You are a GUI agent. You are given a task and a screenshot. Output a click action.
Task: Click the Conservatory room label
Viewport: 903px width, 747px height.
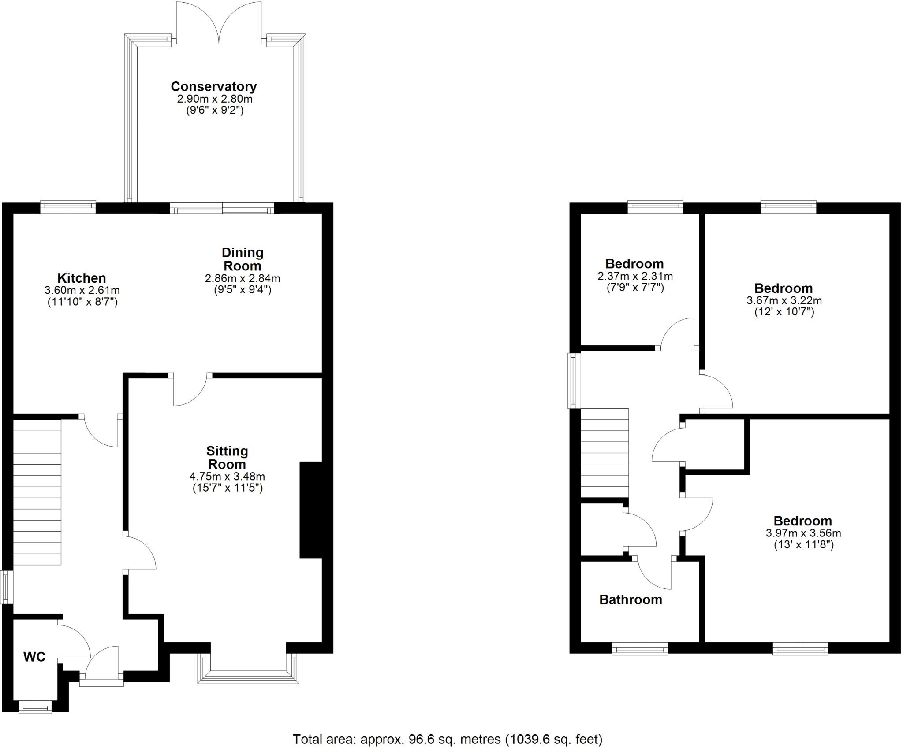[x=214, y=86]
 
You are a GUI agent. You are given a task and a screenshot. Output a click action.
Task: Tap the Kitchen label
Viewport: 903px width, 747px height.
[x=82, y=278]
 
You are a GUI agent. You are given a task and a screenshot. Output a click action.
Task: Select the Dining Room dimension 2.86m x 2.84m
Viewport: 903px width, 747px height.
[x=243, y=278]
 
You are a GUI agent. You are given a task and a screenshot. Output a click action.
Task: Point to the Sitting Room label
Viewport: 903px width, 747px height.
[x=227, y=458]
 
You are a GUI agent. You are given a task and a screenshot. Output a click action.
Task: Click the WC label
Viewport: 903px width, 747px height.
[x=34, y=657]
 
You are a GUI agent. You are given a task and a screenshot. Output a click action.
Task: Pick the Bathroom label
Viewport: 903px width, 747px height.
[x=631, y=599]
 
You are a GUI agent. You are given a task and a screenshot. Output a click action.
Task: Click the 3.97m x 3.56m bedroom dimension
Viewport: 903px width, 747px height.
[x=803, y=533]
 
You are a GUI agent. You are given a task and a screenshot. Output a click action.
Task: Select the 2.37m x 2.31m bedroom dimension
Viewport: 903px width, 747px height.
[x=635, y=277]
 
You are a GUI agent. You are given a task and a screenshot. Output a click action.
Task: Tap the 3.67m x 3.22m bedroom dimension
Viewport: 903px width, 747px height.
[x=784, y=301]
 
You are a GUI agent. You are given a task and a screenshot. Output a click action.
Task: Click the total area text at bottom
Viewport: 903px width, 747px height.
[x=448, y=739]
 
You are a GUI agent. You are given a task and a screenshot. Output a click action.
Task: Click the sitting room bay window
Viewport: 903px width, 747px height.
[x=249, y=677]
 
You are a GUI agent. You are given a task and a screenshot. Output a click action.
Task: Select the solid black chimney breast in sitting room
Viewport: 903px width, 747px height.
[x=311, y=510]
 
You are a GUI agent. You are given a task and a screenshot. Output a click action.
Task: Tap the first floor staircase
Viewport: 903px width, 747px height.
[x=604, y=453]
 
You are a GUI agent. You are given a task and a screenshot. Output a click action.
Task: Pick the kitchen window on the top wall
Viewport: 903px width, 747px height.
[x=68, y=206]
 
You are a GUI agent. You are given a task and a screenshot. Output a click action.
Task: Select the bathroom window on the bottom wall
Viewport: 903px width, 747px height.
[x=640, y=649]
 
